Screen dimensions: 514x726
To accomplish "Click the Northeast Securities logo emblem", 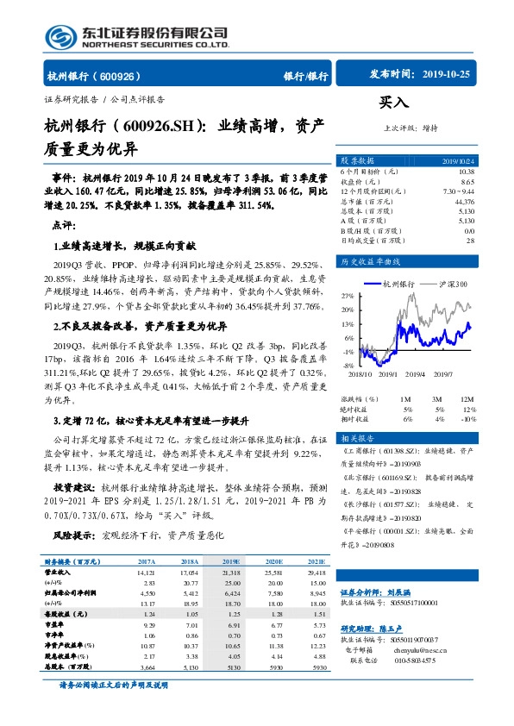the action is pyautogui.click(x=60, y=37).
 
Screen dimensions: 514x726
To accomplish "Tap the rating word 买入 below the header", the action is pyautogui.click(x=393, y=102).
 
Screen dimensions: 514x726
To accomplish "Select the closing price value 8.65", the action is pyautogui.click(x=467, y=181).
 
